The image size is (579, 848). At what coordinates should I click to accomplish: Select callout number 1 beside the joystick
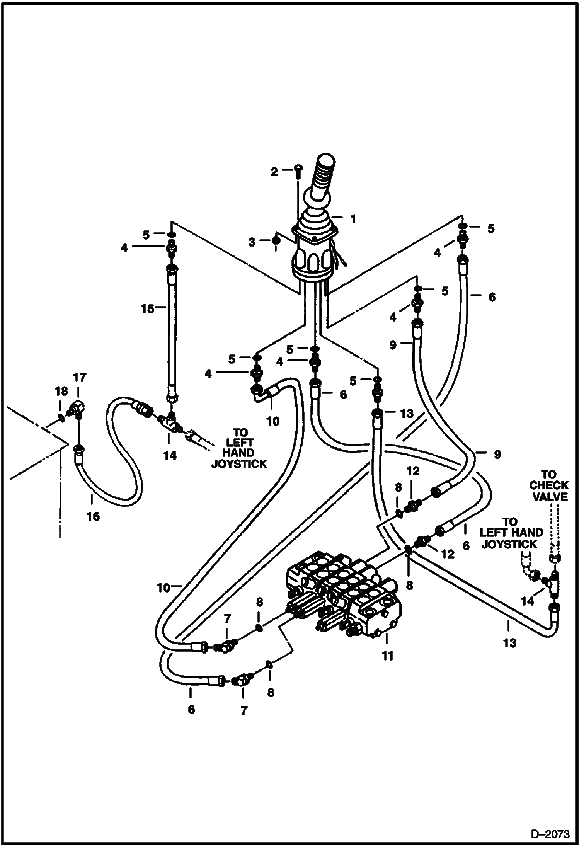[353, 219]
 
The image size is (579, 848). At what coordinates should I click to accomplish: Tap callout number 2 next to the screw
[274, 172]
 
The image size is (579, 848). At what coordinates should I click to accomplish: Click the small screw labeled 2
[298, 170]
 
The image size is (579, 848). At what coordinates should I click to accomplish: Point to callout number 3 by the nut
[252, 242]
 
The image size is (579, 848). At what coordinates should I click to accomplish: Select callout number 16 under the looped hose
[93, 516]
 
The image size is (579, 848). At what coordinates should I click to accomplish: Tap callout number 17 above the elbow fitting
[80, 377]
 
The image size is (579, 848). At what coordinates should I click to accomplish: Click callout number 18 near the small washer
[61, 392]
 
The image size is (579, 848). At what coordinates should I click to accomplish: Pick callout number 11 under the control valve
[387, 656]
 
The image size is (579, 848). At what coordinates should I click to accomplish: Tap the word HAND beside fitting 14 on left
[238, 453]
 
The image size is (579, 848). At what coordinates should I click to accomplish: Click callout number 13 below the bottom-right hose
[509, 643]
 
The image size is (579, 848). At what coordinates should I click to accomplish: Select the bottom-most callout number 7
[244, 710]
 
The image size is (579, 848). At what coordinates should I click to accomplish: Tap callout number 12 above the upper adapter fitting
[413, 471]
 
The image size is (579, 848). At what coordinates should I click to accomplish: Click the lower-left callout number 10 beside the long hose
[163, 588]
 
